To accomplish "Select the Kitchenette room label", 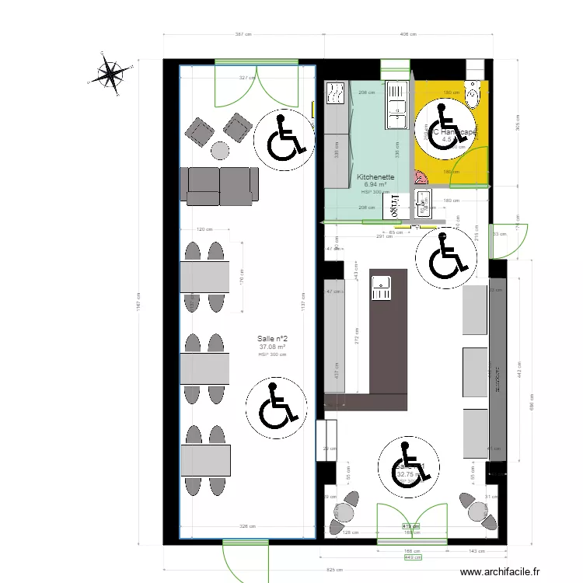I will pos(375,177).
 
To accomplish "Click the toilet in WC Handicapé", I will pos(473,93).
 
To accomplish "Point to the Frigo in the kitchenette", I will pos(396,205).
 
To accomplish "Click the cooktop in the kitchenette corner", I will pos(337,95).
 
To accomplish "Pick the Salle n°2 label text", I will pos(273,339).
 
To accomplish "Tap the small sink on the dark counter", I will pos(381,288).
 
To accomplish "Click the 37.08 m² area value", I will pos(273,347).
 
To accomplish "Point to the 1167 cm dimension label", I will pos(137,302).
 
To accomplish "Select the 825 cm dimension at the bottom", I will pos(335,570).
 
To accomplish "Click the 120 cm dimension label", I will pos(204,230).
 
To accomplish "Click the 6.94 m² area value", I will pos(375,185).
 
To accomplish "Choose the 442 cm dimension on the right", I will pos(518,373).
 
